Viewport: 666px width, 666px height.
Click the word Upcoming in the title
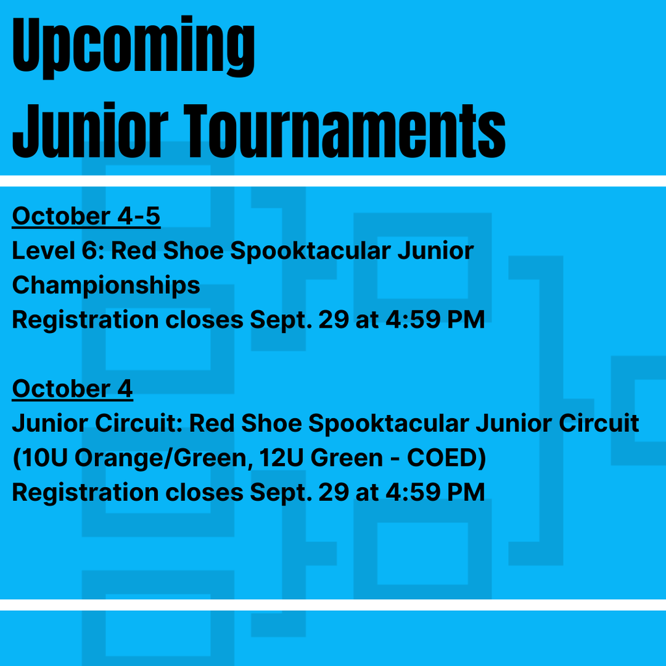[133, 46]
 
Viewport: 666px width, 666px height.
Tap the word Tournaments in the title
[345, 131]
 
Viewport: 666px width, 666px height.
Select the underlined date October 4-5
[87, 216]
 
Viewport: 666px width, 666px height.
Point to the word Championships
[106, 286]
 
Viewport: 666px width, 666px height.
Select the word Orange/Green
[163, 459]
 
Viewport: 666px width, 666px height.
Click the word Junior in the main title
[90, 131]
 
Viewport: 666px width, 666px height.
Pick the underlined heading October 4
[72, 389]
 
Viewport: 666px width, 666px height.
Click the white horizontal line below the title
[333, 181]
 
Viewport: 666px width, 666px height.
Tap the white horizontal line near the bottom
[333, 605]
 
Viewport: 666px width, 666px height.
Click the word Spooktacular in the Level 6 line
[310, 251]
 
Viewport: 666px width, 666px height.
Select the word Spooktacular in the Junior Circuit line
[388, 424]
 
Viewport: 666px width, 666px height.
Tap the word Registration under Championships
[85, 320]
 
